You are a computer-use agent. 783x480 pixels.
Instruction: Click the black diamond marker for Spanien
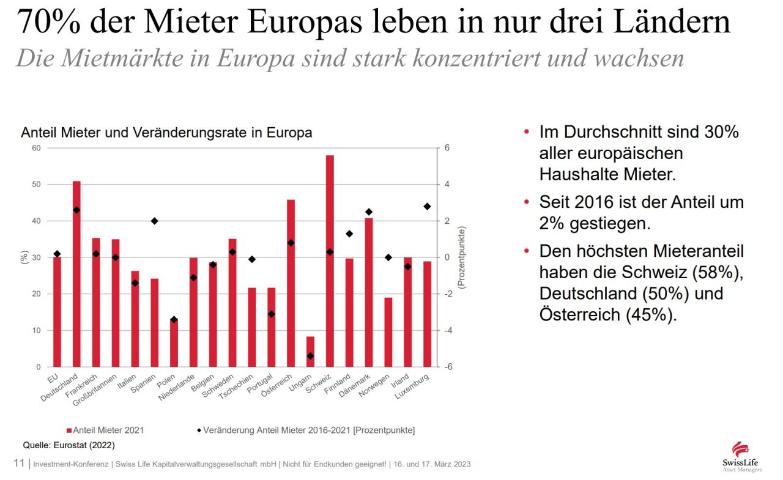click(x=154, y=221)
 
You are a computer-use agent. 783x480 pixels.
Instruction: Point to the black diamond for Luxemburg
click(x=427, y=207)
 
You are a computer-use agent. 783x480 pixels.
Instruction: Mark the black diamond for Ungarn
click(x=310, y=356)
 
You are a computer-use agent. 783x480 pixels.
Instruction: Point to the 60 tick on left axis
click(x=36, y=148)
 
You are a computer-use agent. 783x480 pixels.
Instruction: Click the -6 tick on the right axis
click(x=448, y=367)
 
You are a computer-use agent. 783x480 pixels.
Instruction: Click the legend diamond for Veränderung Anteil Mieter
click(x=199, y=430)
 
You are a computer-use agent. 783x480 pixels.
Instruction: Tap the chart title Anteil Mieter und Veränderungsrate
click(x=166, y=133)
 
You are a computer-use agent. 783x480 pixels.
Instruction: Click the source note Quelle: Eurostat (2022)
click(x=69, y=445)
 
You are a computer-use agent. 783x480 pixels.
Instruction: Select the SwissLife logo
click(x=741, y=456)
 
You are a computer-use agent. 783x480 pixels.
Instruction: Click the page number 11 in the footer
click(x=19, y=463)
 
